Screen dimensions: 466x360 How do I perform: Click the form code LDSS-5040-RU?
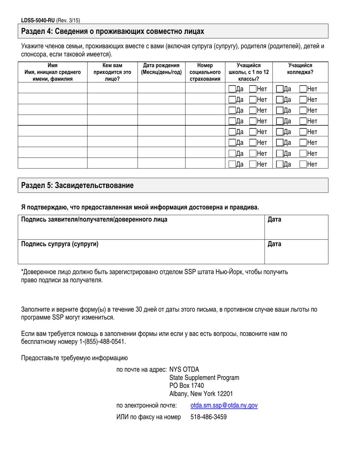pyautogui.click(x=38, y=21)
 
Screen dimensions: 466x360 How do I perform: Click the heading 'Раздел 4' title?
pyautogui.click(x=113, y=31)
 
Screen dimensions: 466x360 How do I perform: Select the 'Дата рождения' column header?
pyautogui.click(x=161, y=69)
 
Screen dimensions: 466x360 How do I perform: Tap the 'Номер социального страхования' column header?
pyautogui.click(x=205, y=72)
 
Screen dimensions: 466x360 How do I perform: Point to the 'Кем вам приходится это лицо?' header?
pyautogui.click(x=112, y=72)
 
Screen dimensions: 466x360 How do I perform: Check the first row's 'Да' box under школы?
pyautogui.click(x=232, y=89)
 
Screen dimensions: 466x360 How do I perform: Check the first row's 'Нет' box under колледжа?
pyautogui.click(x=303, y=89)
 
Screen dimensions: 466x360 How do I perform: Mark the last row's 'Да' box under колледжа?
pyautogui.click(x=280, y=164)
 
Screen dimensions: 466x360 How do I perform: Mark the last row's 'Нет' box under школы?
pyautogui.click(x=253, y=164)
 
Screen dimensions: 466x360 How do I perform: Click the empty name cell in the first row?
pyautogui.click(x=53, y=89)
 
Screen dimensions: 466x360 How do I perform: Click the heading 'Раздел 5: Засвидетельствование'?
pyautogui.click(x=77, y=186)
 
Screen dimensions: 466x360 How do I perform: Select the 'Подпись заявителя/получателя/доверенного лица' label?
pyautogui.click(x=94, y=220)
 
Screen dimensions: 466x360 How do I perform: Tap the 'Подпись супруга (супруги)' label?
pyautogui.click(x=60, y=244)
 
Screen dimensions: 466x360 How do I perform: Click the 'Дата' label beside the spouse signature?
pyautogui.click(x=274, y=244)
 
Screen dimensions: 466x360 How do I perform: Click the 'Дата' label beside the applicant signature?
pyautogui.click(x=274, y=220)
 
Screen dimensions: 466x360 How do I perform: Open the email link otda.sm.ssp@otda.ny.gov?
pyautogui.click(x=224, y=405)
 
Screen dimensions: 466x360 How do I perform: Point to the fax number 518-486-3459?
pyautogui.click(x=208, y=417)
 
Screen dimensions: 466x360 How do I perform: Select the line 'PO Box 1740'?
pyautogui.click(x=186, y=386)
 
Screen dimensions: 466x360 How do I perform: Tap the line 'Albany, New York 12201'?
pyautogui.click(x=201, y=394)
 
